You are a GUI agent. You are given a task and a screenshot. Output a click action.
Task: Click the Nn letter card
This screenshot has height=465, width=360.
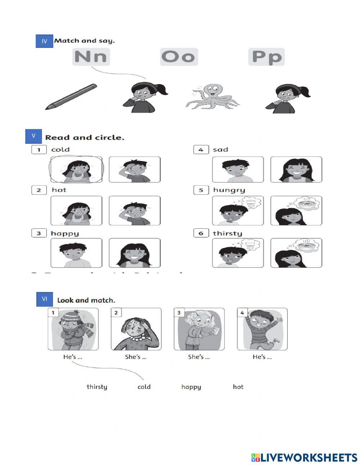coord(91,57)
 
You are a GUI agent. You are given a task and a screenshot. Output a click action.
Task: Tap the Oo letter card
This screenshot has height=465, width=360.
coord(179,57)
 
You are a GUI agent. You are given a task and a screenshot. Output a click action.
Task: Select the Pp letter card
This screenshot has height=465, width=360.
coord(266,57)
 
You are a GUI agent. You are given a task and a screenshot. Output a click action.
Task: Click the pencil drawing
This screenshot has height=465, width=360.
coord(71,97)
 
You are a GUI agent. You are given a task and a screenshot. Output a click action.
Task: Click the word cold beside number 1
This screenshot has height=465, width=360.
coord(60,149)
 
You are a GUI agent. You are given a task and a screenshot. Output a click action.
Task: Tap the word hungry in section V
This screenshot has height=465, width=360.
coord(229,190)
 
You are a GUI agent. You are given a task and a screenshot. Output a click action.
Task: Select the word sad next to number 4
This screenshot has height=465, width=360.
coord(220,149)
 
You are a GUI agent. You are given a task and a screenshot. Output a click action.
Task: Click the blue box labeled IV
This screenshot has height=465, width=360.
coord(44,41)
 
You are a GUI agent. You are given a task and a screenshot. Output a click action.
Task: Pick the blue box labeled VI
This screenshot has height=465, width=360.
coord(45,299)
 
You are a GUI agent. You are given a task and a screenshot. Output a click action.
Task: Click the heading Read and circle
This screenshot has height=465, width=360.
coord(85,138)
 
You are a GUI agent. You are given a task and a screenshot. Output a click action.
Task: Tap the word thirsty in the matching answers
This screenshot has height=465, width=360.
coord(97,387)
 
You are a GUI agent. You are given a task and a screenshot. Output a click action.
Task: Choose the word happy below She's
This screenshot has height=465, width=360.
coord(191,387)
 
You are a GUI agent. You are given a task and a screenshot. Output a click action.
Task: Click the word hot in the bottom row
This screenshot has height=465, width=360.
coord(238,387)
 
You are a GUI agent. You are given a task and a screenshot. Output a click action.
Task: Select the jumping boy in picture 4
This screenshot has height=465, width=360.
coord(262,329)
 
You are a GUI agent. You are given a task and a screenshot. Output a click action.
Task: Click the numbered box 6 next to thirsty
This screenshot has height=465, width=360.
coord(201,233)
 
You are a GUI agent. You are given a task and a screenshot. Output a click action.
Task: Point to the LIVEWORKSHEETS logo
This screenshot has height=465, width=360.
coord(304,457)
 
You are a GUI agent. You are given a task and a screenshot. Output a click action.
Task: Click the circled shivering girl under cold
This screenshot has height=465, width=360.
coord(76,170)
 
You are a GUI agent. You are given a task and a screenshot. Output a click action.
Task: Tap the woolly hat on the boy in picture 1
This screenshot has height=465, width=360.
coord(73,317)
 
